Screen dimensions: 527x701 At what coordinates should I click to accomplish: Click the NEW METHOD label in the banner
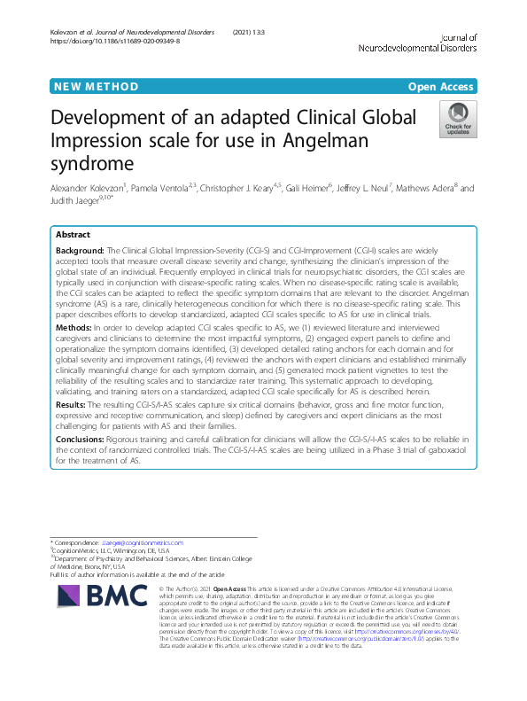point(97,87)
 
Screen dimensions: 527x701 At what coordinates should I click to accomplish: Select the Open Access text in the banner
point(442,87)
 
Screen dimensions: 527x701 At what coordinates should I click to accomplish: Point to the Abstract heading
point(73,236)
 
